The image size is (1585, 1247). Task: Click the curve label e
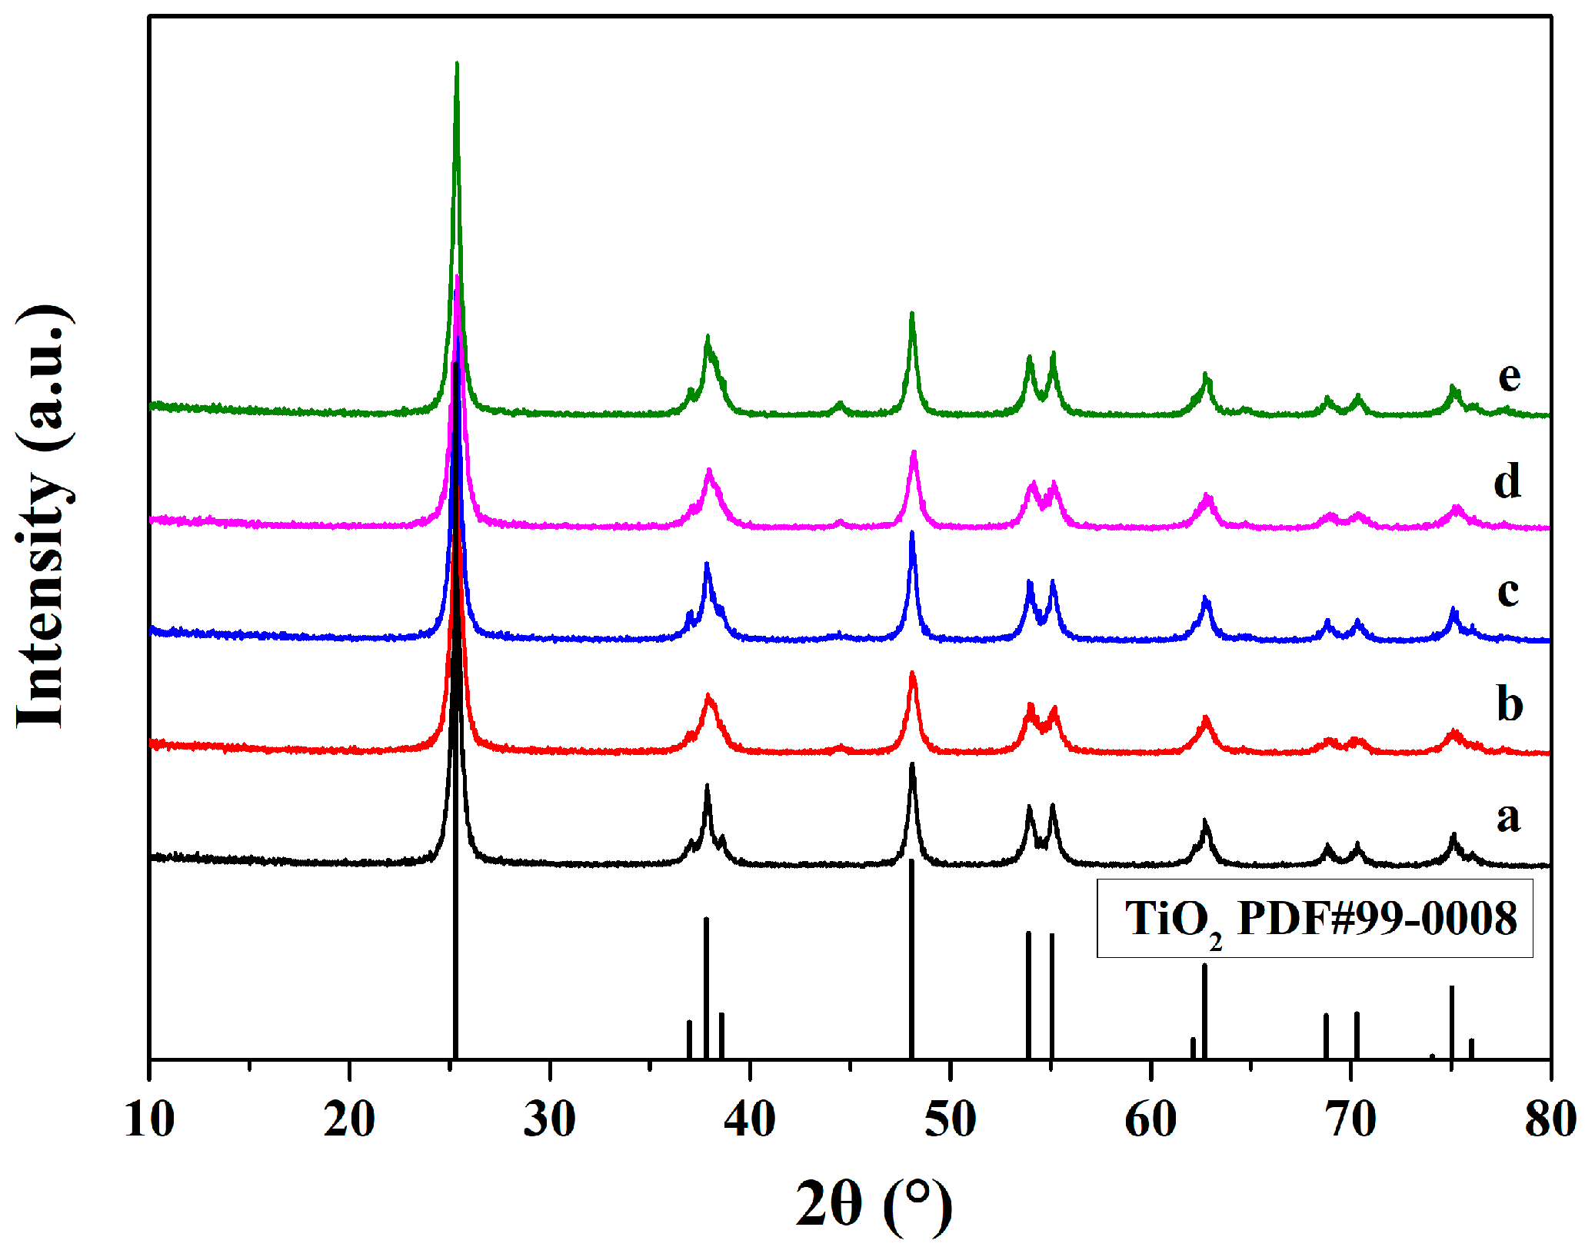1509,377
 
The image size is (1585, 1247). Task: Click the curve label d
1507,482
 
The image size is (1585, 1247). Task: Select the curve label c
1507,592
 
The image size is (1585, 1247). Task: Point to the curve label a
1508,816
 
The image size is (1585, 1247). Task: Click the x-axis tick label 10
149,1119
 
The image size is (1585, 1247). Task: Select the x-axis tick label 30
549,1119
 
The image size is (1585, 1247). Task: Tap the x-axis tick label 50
950,1119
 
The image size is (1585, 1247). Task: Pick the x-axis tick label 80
1550,1119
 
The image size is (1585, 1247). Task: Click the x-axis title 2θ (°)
873,1205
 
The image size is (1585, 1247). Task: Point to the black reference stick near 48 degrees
911,961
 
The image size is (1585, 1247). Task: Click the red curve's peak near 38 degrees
708,697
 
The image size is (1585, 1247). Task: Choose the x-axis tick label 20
349,1119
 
